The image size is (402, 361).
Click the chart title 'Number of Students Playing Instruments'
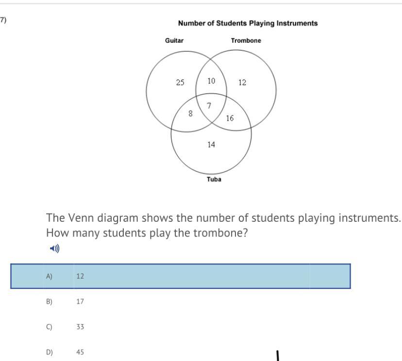pyautogui.click(x=248, y=23)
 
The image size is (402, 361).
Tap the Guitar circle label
pyautogui.click(x=174, y=41)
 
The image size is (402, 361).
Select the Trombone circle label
pyautogui.click(x=246, y=41)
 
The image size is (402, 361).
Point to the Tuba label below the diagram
pyautogui.click(x=214, y=180)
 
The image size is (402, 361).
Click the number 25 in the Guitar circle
pyautogui.click(x=180, y=82)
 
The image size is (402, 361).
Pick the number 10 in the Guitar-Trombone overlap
pyautogui.click(x=211, y=81)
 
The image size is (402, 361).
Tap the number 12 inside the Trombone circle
pyautogui.click(x=242, y=82)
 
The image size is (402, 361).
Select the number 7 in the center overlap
pyautogui.click(x=209, y=106)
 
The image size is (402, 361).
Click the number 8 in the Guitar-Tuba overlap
pyautogui.click(x=190, y=113)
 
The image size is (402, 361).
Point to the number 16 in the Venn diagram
pyautogui.click(x=230, y=117)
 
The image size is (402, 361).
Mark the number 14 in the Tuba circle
pyautogui.click(x=211, y=144)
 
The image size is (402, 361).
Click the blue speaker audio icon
pyautogui.click(x=55, y=249)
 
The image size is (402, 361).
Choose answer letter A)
pyautogui.click(x=49, y=276)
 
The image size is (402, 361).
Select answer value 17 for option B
pyautogui.click(x=80, y=302)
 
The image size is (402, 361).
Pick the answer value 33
pyautogui.click(x=80, y=327)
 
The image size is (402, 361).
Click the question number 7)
pyautogui.click(x=3, y=20)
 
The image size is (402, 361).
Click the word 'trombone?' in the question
pyautogui.click(x=221, y=233)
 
